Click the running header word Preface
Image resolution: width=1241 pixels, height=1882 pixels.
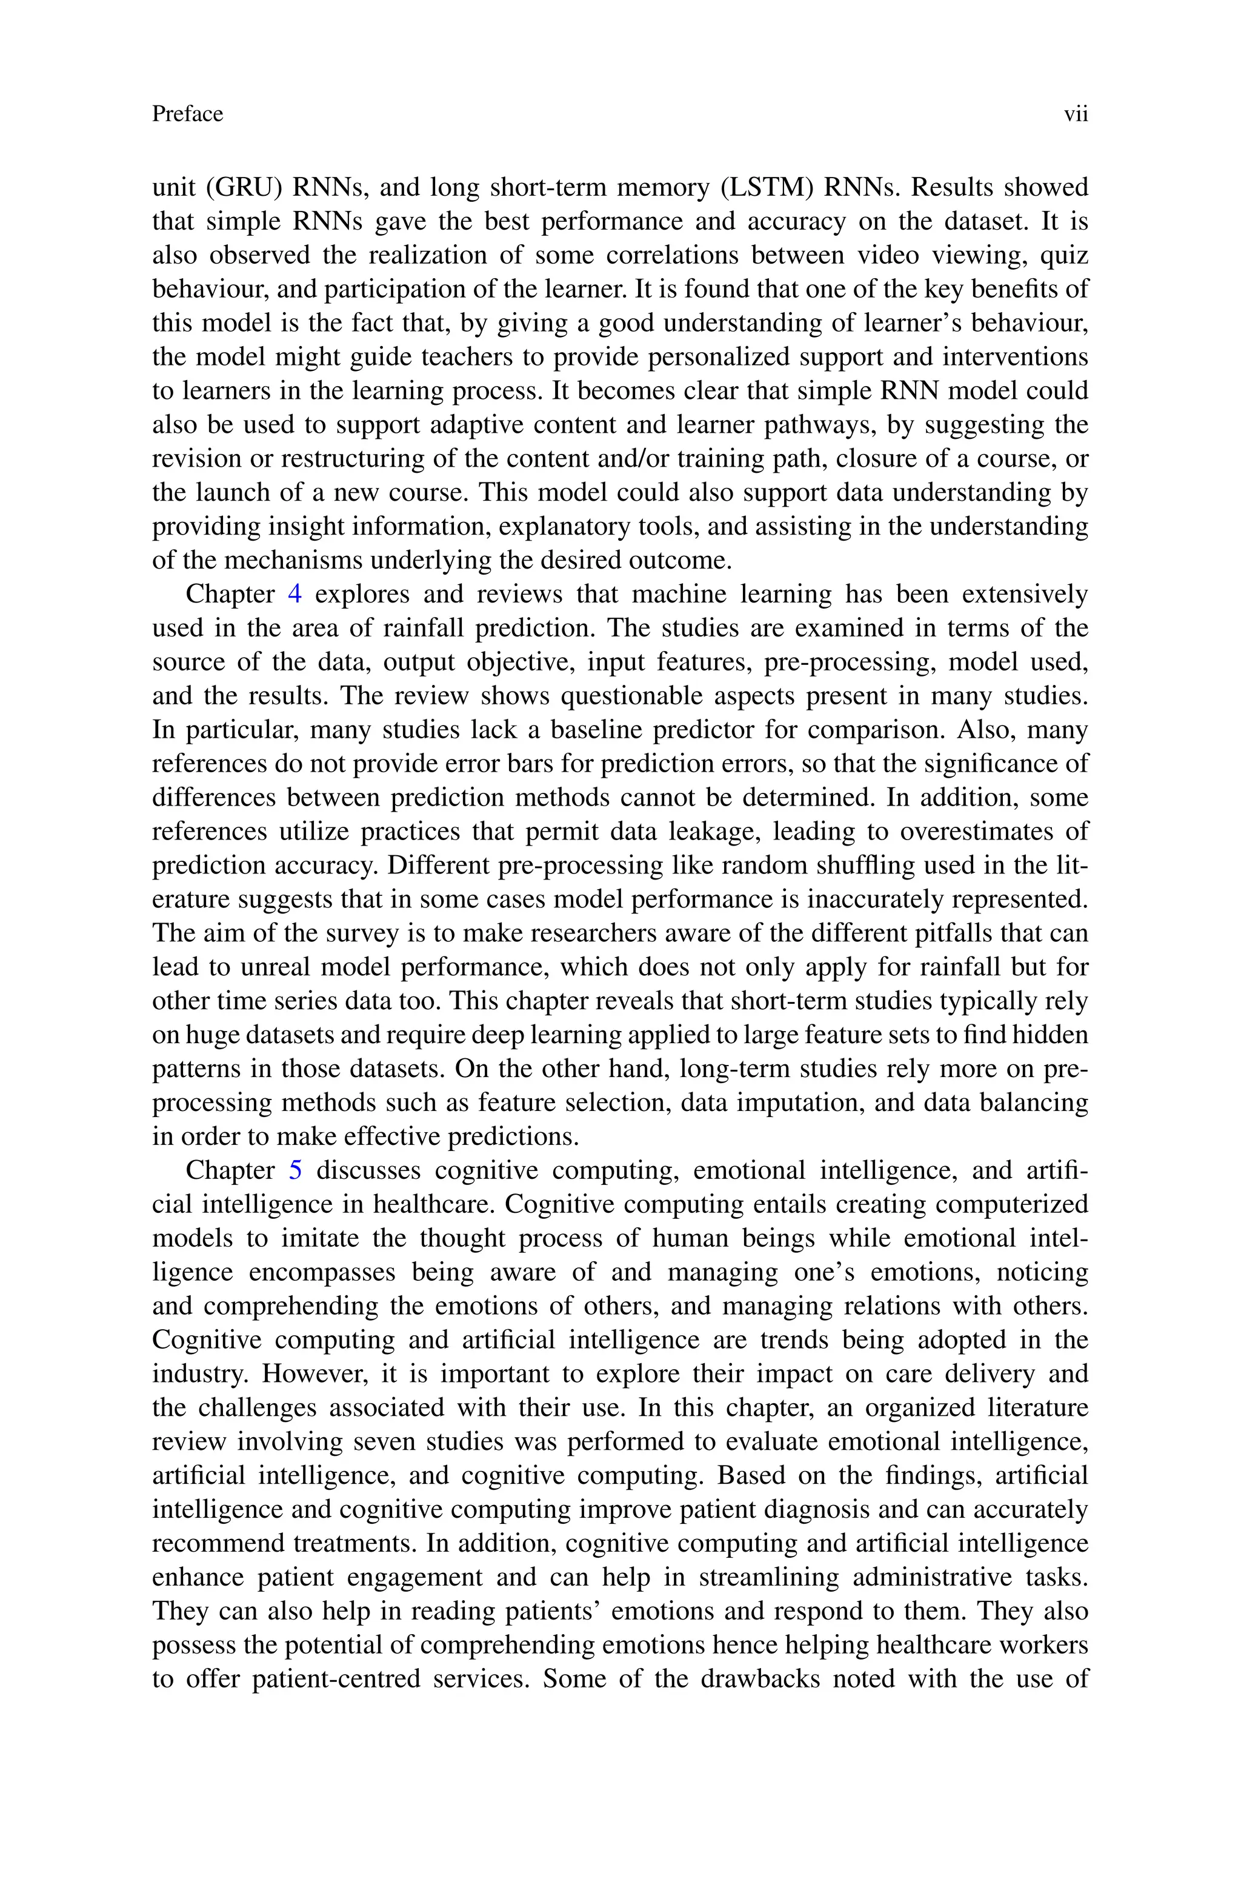[x=188, y=115]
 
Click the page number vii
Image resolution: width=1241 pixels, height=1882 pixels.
[x=1076, y=115]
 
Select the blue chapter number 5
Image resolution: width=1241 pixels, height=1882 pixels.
[x=295, y=1170]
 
